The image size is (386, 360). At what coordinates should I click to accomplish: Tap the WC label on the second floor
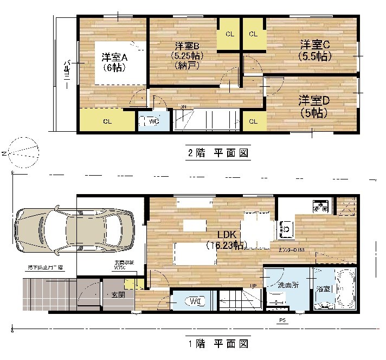click(x=153, y=121)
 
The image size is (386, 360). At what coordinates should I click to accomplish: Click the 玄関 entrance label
click(x=118, y=294)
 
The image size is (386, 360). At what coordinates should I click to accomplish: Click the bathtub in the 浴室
click(x=345, y=290)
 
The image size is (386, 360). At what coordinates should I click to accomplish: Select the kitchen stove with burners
click(x=319, y=206)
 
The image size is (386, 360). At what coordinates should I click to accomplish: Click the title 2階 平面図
click(x=218, y=153)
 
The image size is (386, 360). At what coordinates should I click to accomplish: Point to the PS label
click(x=282, y=320)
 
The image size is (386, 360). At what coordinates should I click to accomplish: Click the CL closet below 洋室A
click(x=107, y=121)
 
